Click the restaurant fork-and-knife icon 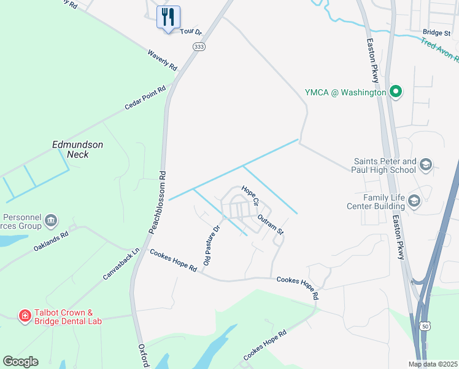(168, 17)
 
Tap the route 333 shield (198, 46)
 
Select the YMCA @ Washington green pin (396, 93)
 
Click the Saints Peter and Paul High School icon (426, 165)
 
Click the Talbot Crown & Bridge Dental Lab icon (25, 316)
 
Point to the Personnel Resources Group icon (51, 220)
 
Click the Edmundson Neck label (77, 149)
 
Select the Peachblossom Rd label (157, 202)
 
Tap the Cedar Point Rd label (145, 98)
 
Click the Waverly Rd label (162, 59)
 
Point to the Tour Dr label (191, 31)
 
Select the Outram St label (271, 224)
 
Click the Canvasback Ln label (121, 264)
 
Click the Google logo (20, 362)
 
